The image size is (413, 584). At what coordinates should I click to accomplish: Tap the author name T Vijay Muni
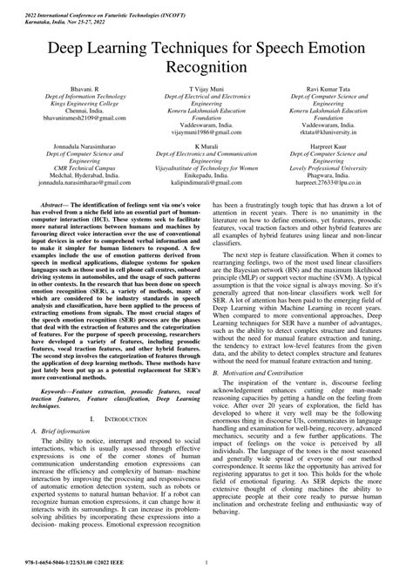point(206,89)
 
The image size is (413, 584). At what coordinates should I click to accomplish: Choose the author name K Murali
point(206,146)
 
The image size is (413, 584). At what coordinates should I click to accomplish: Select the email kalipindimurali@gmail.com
point(206,185)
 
